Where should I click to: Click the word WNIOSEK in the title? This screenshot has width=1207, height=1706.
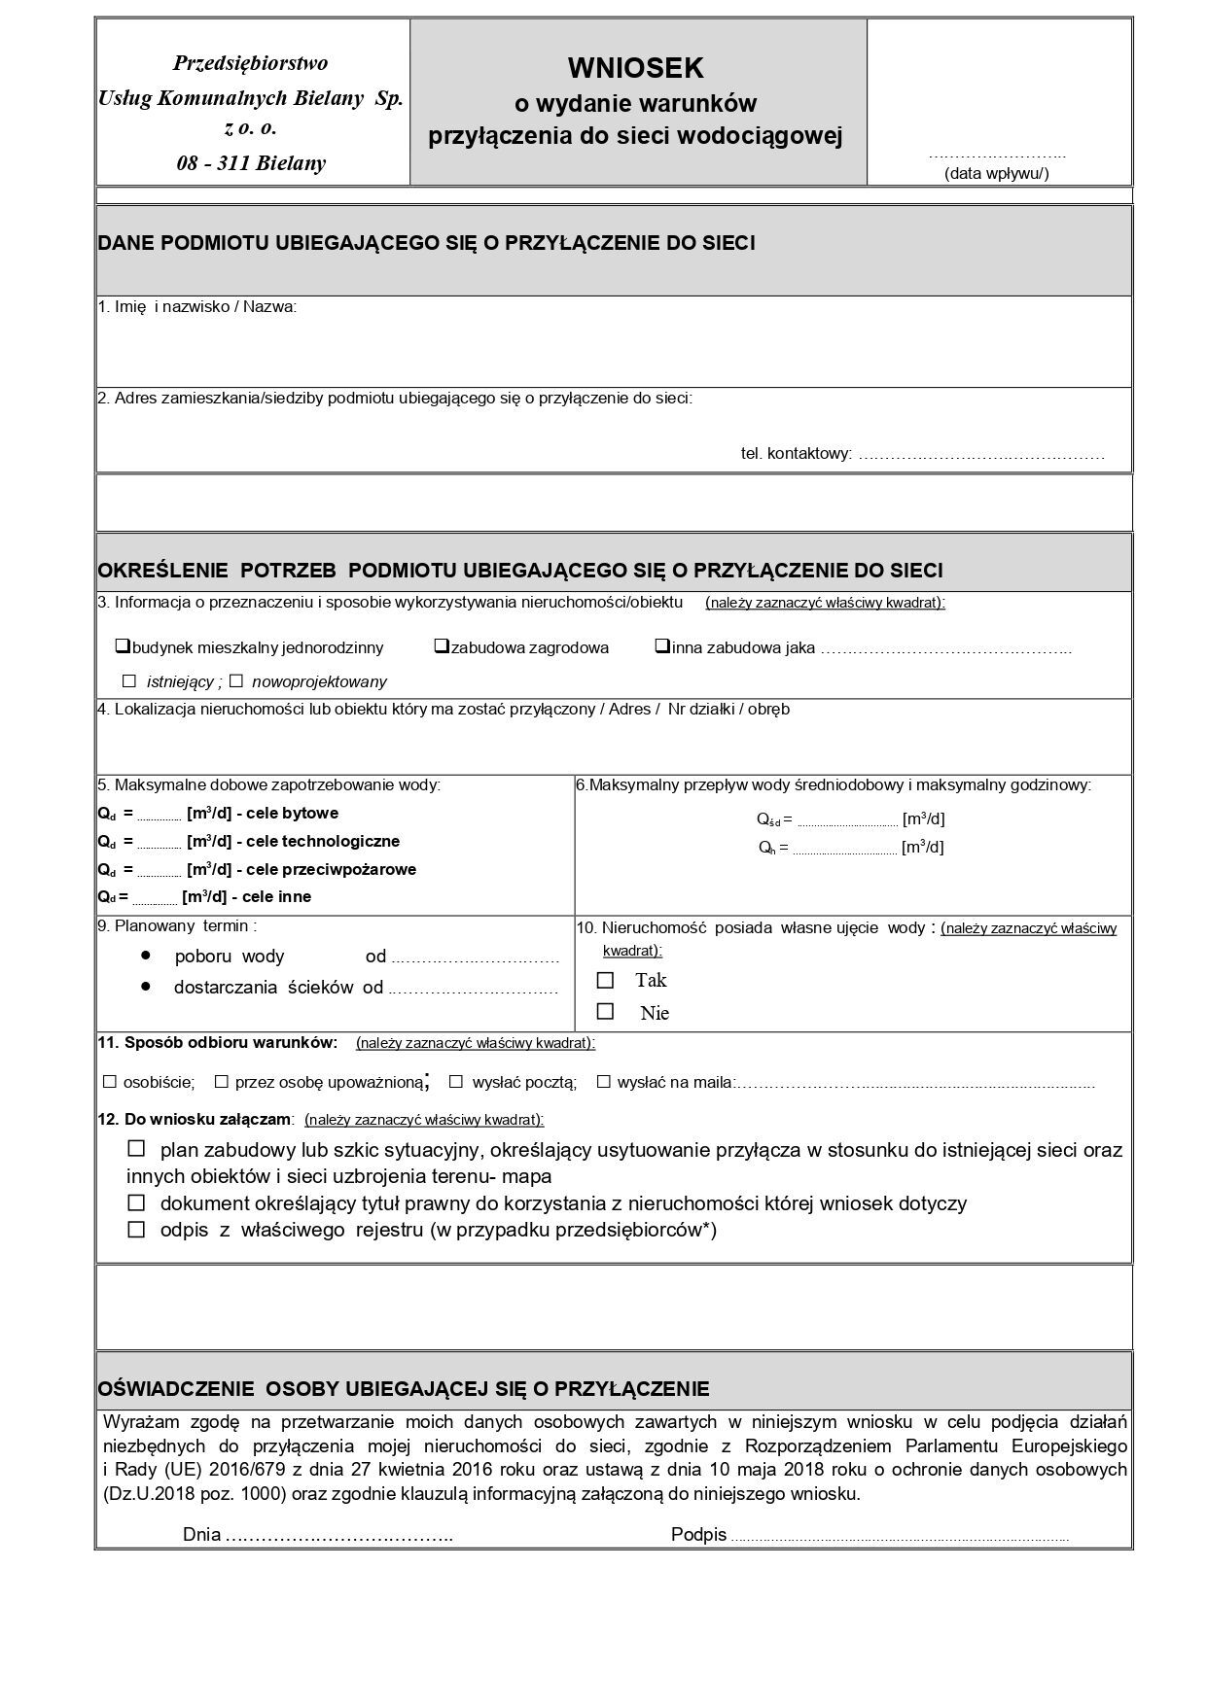click(636, 67)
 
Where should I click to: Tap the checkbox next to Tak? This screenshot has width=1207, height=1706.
click(606, 980)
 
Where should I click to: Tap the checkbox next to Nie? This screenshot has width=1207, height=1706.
click(606, 1012)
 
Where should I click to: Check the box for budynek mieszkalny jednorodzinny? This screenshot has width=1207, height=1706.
click(124, 645)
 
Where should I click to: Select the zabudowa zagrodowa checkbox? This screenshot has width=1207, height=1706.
click(442, 645)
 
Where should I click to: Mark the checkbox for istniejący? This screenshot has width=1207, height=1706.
click(129, 681)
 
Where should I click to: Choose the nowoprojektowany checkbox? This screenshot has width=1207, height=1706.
click(235, 681)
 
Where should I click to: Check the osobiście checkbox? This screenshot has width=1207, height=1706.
click(110, 1081)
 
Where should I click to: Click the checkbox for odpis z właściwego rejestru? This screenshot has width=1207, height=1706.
click(137, 1230)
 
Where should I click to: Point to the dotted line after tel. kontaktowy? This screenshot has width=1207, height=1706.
click(982, 455)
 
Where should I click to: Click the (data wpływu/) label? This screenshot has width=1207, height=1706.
click(997, 174)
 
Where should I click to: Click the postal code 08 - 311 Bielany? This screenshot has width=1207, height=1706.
click(251, 163)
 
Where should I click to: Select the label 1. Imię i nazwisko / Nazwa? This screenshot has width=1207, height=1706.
click(196, 307)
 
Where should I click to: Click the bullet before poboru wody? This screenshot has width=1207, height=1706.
click(146, 955)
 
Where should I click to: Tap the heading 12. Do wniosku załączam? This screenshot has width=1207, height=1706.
click(195, 1119)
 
